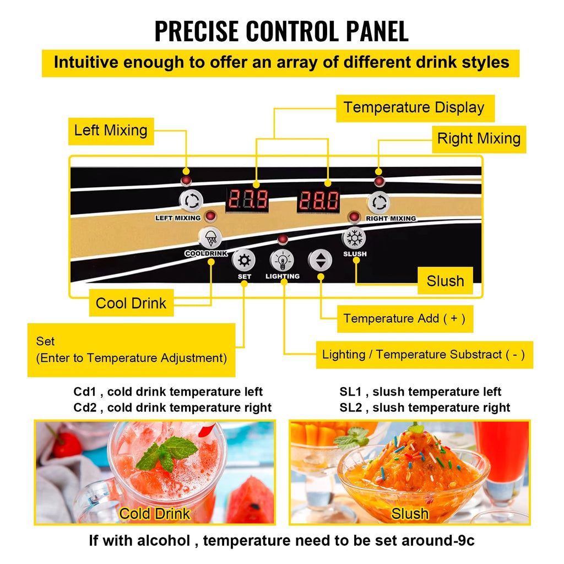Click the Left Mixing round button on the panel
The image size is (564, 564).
pyautogui.click(x=191, y=200)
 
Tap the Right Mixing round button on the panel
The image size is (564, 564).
pyautogui.click(x=379, y=203)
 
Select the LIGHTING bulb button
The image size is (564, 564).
pyautogui.click(x=282, y=261)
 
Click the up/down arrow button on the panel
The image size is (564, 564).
pyautogui.click(x=320, y=260)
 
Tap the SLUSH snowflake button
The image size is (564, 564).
pyautogui.click(x=354, y=238)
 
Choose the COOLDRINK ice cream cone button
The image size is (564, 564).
pyautogui.click(x=210, y=238)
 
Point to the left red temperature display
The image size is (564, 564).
pyautogui.click(x=247, y=199)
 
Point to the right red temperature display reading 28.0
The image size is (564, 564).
pyautogui.click(x=318, y=200)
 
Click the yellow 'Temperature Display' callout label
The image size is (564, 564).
pyautogui.click(x=415, y=109)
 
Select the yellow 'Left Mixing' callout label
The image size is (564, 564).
pyautogui.click(x=111, y=131)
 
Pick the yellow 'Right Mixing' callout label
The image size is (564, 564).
pyautogui.click(x=479, y=139)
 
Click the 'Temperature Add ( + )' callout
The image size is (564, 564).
pyautogui.click(x=405, y=319)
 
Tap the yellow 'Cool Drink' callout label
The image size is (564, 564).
pyautogui.click(x=131, y=303)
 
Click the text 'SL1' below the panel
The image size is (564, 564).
pyautogui.click(x=350, y=392)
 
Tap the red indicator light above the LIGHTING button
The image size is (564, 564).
pyautogui.click(x=283, y=239)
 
